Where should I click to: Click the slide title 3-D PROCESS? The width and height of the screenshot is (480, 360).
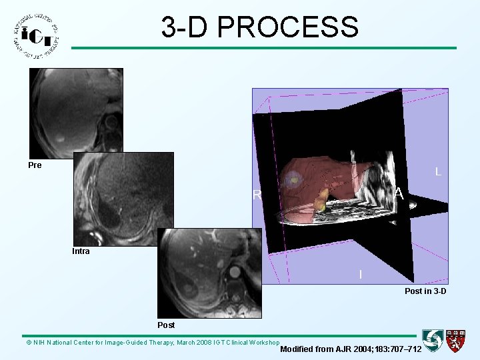(x=259, y=27)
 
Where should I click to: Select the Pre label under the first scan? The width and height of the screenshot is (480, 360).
(x=35, y=165)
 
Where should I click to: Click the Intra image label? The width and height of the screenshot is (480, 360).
(x=81, y=252)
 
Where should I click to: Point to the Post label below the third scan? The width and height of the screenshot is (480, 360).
(x=166, y=325)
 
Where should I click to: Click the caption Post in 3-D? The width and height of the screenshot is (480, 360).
(x=425, y=291)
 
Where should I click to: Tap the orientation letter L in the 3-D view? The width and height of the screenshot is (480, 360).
(x=437, y=172)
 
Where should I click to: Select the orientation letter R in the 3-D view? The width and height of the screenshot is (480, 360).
(x=257, y=196)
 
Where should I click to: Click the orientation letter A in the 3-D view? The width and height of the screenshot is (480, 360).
(x=399, y=194)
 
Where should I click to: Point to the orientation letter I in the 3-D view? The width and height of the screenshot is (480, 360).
(x=361, y=275)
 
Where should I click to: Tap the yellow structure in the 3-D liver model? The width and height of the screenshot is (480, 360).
(x=322, y=199)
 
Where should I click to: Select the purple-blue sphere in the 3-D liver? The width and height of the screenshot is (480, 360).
(x=292, y=179)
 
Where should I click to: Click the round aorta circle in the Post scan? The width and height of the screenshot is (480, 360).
(x=235, y=272)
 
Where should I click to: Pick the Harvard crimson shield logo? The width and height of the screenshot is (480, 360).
(x=456, y=341)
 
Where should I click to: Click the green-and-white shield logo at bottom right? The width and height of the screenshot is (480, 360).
(x=433, y=341)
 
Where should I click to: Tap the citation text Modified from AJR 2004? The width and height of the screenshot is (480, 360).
(x=351, y=349)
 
